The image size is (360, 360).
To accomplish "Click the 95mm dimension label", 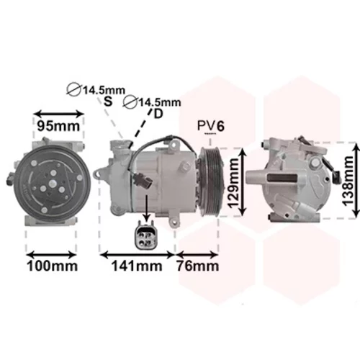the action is click(x=58, y=126).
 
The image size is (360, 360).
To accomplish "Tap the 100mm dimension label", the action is click(x=53, y=266).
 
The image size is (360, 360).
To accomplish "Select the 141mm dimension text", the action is click(x=137, y=266).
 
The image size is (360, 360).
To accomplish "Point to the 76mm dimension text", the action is click(x=198, y=266).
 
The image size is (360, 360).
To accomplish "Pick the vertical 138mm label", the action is click(x=348, y=181).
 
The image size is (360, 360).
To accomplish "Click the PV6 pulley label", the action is click(x=211, y=125).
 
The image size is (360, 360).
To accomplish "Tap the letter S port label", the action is click(x=108, y=102).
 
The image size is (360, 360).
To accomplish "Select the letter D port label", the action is click(x=158, y=114).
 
